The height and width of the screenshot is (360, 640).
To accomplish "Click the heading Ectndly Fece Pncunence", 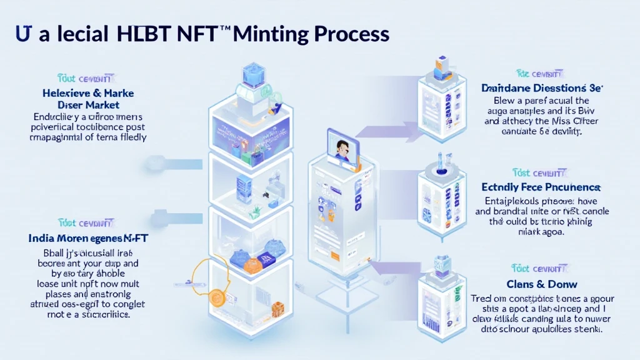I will tap(541, 187).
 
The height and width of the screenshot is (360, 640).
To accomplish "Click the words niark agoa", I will tap(541, 231).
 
